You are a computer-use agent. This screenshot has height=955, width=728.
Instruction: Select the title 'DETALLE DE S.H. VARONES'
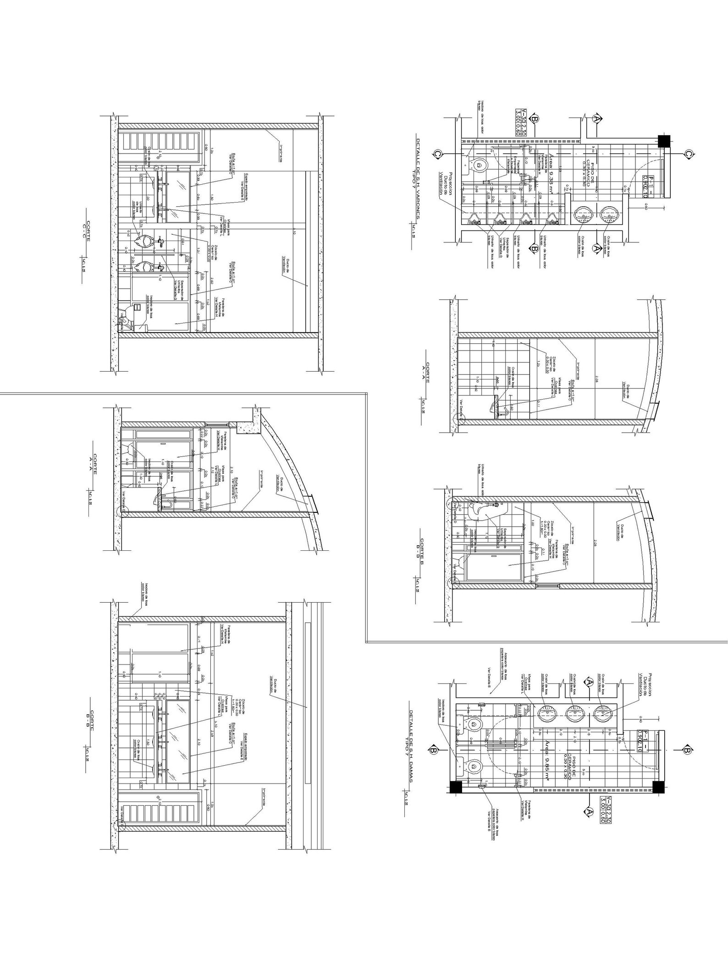pyautogui.click(x=418, y=183)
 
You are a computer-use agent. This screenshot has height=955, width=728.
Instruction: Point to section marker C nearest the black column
pyautogui.click(x=688, y=154)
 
